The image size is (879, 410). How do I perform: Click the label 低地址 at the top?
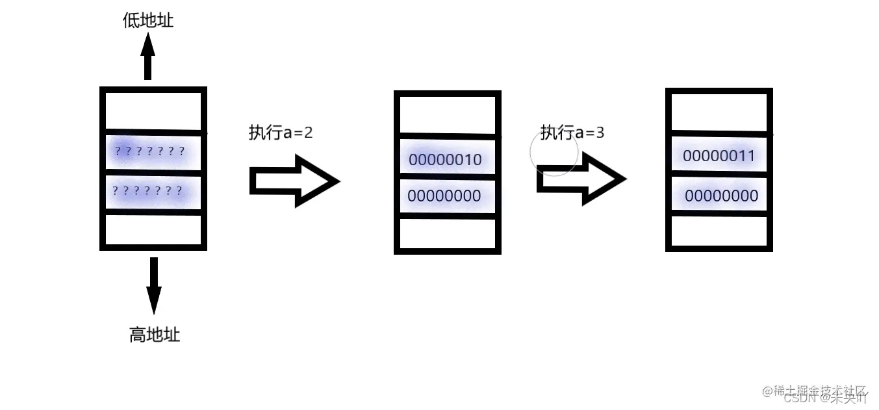[148, 21]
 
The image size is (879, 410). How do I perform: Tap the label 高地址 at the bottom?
[154, 335]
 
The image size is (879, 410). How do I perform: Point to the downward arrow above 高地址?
[153, 285]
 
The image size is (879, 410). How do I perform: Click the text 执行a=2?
[281, 133]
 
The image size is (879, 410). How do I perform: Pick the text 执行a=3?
[572, 133]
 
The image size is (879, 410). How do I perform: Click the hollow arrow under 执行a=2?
[294, 181]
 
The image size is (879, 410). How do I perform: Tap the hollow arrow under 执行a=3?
[581, 179]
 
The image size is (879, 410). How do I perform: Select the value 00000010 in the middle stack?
[446, 159]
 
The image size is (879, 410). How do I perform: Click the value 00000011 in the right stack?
[719, 156]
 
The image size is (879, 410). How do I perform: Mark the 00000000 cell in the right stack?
[721, 196]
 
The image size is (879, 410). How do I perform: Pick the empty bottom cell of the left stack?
[153, 229]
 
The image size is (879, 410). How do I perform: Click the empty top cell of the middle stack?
[447, 115]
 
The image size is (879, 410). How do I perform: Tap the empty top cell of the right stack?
[719, 112]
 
